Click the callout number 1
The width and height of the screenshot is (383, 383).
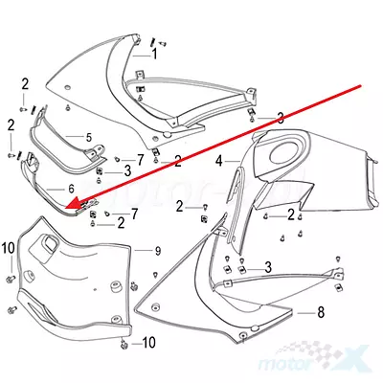click(154, 55)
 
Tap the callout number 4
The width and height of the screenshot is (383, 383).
click(219, 161)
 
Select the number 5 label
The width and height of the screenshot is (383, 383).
click(89, 138)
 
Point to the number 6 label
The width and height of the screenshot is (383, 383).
click(71, 189)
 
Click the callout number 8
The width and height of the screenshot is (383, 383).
click(321, 312)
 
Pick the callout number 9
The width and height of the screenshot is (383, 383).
click(158, 251)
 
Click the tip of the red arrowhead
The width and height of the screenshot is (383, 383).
click(65, 209)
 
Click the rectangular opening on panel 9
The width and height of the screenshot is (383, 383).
click(50, 243)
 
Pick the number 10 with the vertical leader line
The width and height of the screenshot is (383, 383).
click(9, 248)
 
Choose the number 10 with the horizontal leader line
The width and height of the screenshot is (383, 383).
click(148, 343)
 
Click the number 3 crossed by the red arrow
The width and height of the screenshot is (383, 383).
click(281, 119)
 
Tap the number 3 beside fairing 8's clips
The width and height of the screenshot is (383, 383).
click(268, 267)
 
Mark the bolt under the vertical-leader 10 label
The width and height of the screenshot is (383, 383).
click(10, 280)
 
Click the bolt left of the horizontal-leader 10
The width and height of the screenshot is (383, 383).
click(124, 344)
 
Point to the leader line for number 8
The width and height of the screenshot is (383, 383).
click(305, 313)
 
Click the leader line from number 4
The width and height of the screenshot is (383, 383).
click(233, 162)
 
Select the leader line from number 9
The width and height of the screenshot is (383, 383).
click(143, 251)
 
